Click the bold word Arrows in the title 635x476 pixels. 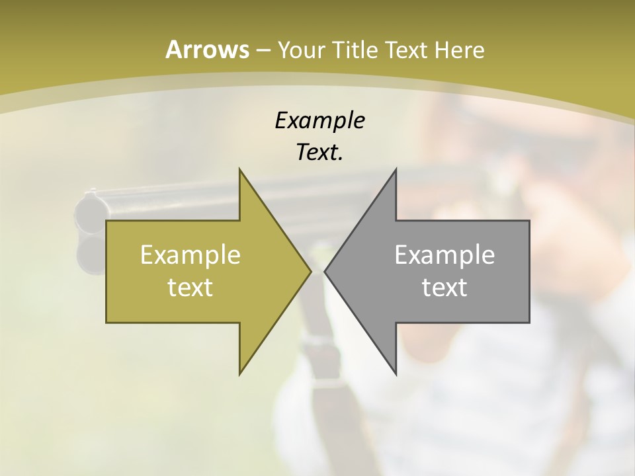click(207, 50)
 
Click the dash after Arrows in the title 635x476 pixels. click(263, 50)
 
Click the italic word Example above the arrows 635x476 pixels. click(319, 120)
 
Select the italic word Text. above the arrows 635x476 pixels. click(319, 153)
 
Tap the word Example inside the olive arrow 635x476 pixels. click(190, 255)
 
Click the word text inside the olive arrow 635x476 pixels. click(190, 287)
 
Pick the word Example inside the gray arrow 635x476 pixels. click(444, 255)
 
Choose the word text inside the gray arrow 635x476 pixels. click(444, 287)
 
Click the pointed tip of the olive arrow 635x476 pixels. click(310, 271)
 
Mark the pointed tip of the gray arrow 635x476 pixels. click(325, 271)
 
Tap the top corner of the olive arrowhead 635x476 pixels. click(239, 169)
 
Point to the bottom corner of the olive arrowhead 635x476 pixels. click(239, 374)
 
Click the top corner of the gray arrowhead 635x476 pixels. click(396, 169)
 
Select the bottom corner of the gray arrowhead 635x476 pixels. click(396, 374)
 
